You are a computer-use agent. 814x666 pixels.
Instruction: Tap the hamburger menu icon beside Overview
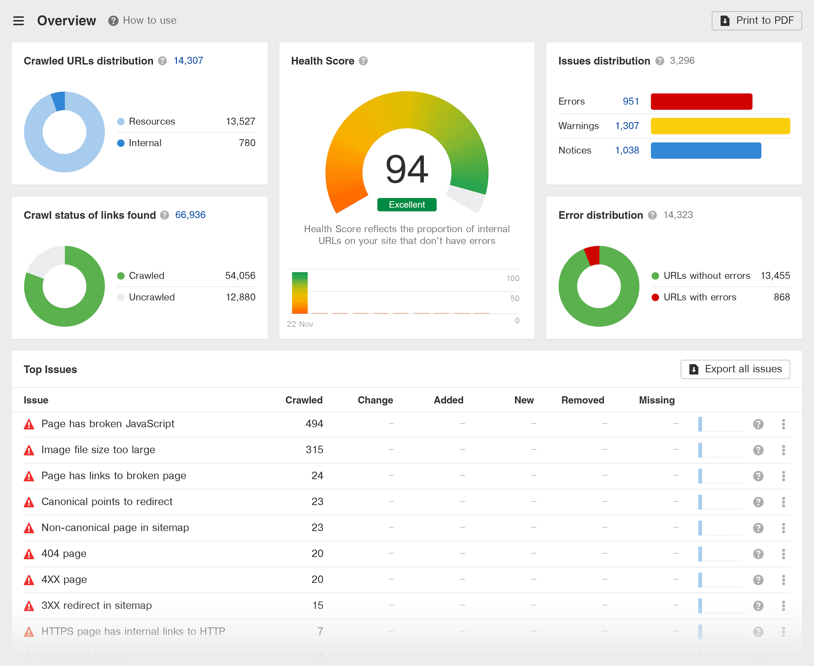point(19,21)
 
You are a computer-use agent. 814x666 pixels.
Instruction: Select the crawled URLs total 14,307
point(188,61)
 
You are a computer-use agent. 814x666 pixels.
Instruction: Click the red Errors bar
point(701,102)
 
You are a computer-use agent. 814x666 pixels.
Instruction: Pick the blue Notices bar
point(706,150)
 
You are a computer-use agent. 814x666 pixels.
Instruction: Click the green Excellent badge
point(407,205)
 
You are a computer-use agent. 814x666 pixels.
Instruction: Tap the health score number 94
point(407,169)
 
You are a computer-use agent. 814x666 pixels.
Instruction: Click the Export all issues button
point(735,369)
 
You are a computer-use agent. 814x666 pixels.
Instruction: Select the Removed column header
point(582,400)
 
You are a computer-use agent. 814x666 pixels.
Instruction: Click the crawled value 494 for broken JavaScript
point(314,424)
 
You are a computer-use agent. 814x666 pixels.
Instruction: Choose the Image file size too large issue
point(98,450)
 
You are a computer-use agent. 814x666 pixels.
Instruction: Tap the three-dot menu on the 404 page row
point(783,554)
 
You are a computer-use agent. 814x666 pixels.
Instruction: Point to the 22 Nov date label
point(300,324)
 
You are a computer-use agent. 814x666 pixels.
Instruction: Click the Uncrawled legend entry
point(151,297)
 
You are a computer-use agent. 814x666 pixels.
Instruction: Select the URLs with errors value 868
point(781,297)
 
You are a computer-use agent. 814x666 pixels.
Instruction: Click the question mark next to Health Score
point(363,61)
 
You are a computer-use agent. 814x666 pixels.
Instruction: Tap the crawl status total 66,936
point(190,215)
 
